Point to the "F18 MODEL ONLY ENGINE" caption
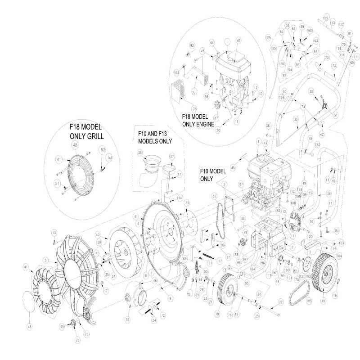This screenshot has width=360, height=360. [x=198, y=120]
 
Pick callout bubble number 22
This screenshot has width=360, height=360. [x=280, y=302]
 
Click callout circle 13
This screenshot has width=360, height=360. [x=54, y=232]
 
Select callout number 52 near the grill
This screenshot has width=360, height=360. [x=103, y=149]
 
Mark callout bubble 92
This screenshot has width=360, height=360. [x=191, y=45]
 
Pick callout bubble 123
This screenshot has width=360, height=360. [x=317, y=145]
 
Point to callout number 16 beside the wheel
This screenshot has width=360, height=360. [x=335, y=295]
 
